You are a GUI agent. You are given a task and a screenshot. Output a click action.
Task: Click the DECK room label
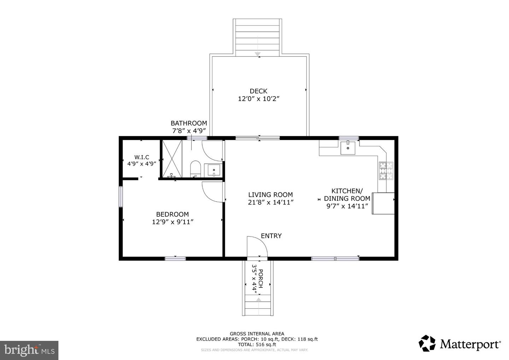click(258, 91)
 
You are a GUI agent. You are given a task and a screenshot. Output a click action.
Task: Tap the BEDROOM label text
click(172, 214)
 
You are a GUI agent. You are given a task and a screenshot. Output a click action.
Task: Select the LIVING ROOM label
click(270, 195)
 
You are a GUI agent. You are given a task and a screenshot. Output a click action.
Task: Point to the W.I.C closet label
click(141, 157)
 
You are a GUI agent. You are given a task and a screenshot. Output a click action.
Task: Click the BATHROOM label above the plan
click(189, 123)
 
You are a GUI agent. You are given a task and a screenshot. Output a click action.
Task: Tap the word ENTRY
click(271, 236)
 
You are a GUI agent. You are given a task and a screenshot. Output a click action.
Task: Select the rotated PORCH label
click(261, 279)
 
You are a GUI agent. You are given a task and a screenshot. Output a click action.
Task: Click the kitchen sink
click(348, 147)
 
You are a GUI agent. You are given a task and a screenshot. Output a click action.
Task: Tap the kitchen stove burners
click(386, 171)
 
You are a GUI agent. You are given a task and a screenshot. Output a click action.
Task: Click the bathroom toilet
click(195, 169)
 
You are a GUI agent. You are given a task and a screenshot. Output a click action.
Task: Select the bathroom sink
click(214, 170)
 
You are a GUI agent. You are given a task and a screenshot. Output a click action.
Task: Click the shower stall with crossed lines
click(172, 159)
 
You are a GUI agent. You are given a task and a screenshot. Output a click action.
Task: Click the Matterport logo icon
click(427, 343)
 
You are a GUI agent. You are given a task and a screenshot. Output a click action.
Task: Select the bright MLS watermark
click(29, 350)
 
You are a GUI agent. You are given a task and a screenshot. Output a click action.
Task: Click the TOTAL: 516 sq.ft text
click(257, 344)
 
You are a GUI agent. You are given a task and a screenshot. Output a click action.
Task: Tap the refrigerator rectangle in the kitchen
click(384, 203)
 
